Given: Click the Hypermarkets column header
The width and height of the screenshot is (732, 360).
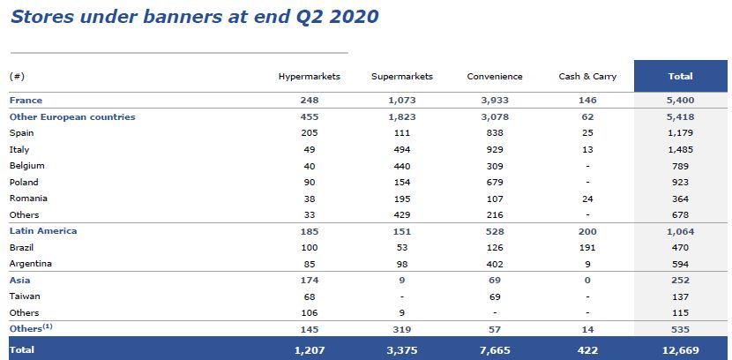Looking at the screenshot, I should pos(309,77).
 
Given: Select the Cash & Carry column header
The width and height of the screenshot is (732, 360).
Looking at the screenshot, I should pos(587,77).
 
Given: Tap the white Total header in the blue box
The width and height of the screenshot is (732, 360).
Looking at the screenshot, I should pos(680,77).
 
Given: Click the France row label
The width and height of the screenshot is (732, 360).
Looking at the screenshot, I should pos(26,101).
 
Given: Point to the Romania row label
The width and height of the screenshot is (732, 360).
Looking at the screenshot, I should pos(27,199).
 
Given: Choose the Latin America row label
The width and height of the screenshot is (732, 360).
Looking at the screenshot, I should pos(43,231).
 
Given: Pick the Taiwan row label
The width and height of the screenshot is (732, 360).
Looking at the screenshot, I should pos(25,296).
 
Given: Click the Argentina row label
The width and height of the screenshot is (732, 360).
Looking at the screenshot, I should pos(31,264).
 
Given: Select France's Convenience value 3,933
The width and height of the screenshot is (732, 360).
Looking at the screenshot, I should pos(495,101).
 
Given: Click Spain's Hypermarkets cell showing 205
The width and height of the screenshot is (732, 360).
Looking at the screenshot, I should pos(309,133).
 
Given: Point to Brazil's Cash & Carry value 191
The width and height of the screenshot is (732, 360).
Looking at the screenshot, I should pos(587,248).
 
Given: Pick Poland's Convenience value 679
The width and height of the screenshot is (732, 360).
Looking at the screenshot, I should pos(495,183).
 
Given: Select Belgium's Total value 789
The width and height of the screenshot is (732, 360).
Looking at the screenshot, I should pos(680,166).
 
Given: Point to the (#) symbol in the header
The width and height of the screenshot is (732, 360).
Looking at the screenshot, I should pos(17,77).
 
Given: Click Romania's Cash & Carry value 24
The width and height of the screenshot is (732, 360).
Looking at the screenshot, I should pos(587,199).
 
